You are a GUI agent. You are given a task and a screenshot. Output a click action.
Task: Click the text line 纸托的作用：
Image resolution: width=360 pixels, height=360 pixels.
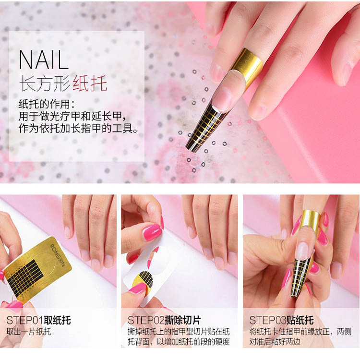coord(47,104)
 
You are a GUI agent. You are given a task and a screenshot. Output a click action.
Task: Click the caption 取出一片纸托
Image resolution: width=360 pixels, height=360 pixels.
coord(29,332)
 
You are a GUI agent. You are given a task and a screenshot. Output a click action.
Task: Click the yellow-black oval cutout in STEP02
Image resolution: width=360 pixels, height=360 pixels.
coord(143,280)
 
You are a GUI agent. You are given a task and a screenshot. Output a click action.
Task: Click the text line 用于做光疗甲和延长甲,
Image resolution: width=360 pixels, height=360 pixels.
coord(72,117)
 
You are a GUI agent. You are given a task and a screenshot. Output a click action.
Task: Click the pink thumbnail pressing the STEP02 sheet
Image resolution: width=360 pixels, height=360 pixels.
coord(138,288)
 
